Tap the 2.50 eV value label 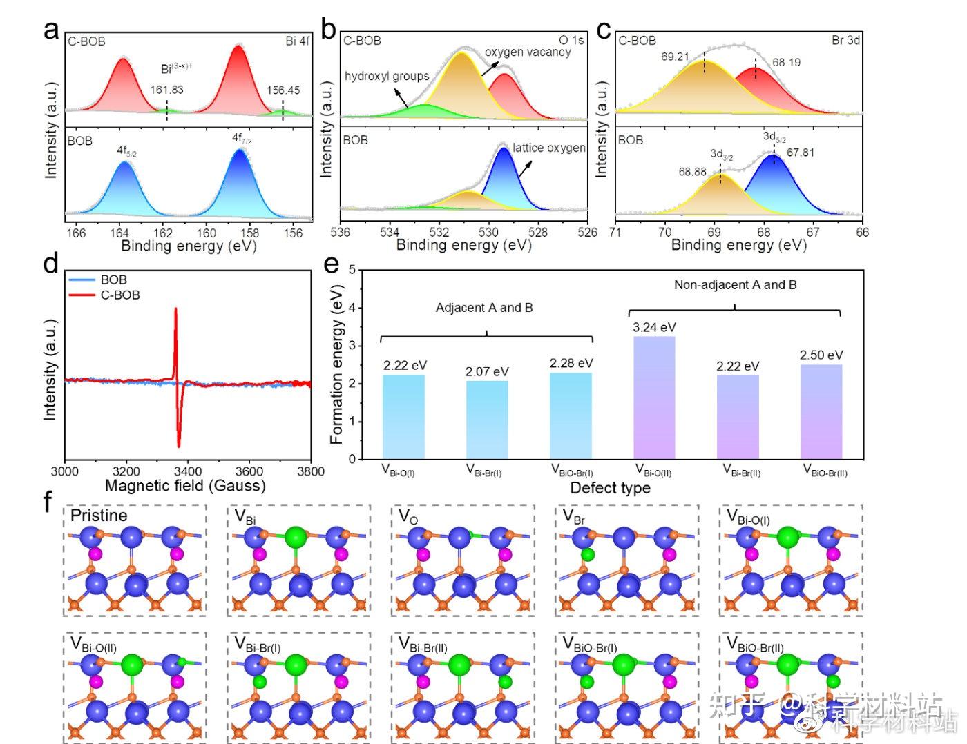click(x=821, y=355)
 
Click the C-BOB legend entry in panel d click(x=119, y=295)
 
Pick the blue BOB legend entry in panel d click(x=113, y=280)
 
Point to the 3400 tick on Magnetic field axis click(x=188, y=471)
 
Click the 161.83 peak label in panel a click(x=166, y=90)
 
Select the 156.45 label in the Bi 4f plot click(x=283, y=90)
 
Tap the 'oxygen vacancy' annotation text click(x=528, y=52)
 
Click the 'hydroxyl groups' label click(x=387, y=76)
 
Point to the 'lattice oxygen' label click(x=549, y=148)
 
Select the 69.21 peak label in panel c click(x=675, y=57)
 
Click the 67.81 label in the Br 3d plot click(x=800, y=153)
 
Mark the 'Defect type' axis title click(x=610, y=488)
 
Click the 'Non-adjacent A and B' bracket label click(x=735, y=284)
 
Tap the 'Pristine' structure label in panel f click(x=99, y=516)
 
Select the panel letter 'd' click(x=50, y=264)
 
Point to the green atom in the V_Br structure click(x=587, y=554)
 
